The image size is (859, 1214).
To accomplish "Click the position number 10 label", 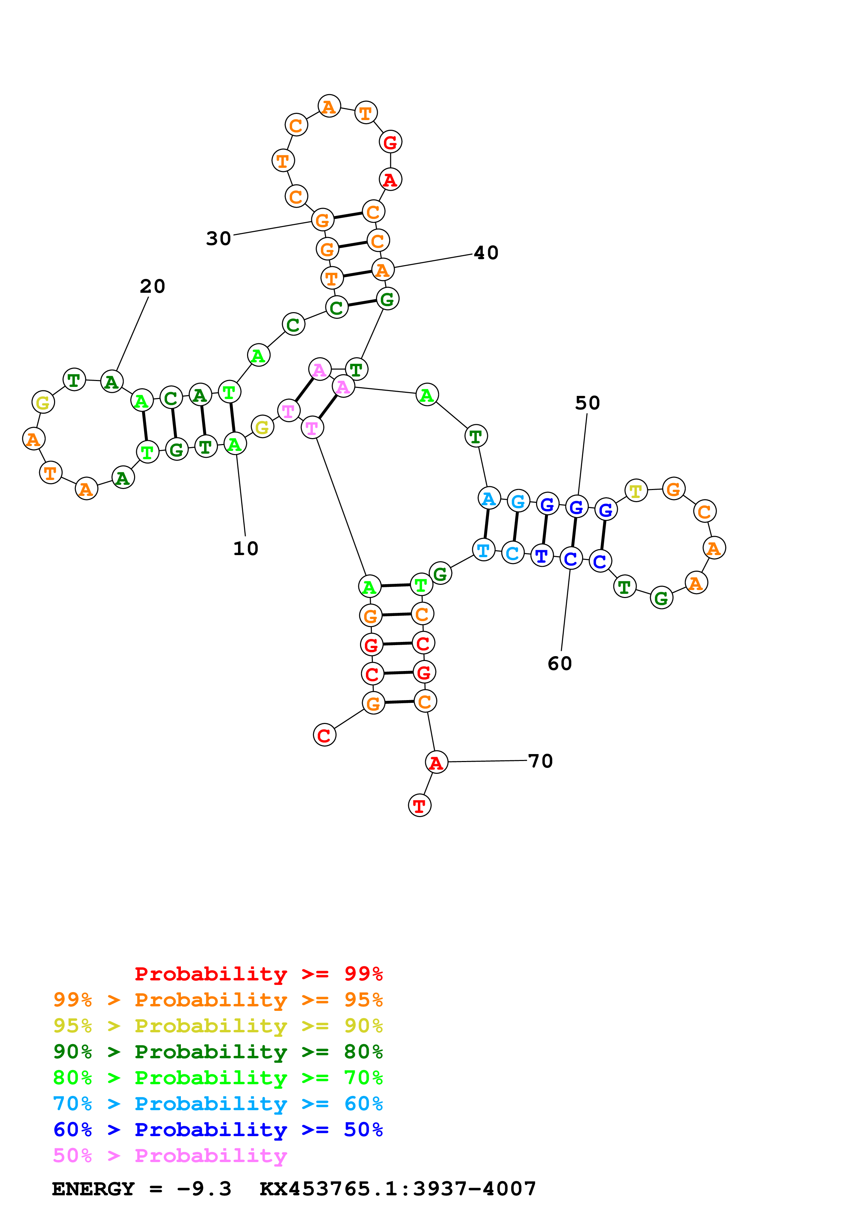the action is [x=246, y=548].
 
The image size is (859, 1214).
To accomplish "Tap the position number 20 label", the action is [x=152, y=286].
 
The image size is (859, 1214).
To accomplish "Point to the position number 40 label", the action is [x=486, y=253].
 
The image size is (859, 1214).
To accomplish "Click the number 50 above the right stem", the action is [x=587, y=403].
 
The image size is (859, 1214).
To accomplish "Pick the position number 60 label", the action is [x=559, y=663].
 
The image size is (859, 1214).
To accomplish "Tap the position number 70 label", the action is [x=540, y=761].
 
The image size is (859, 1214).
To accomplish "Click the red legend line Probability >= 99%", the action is [x=258, y=973].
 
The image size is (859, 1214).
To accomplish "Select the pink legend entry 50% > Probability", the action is [x=169, y=1155].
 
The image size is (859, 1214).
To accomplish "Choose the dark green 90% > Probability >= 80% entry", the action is [x=218, y=1052].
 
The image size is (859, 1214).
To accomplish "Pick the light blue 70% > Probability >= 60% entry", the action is [x=218, y=1104].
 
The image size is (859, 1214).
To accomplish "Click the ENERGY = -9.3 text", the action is [x=141, y=1189].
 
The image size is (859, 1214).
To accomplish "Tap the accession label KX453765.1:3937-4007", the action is [x=397, y=1189].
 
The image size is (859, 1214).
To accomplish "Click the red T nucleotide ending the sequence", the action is [x=420, y=805].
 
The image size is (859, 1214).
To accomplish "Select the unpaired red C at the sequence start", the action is [x=324, y=735].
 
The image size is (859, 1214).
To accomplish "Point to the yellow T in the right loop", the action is [x=636, y=491].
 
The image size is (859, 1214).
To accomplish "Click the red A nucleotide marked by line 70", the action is [x=436, y=762].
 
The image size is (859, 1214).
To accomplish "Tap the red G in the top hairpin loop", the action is [x=391, y=142].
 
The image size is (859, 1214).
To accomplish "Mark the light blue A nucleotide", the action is [x=489, y=498].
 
